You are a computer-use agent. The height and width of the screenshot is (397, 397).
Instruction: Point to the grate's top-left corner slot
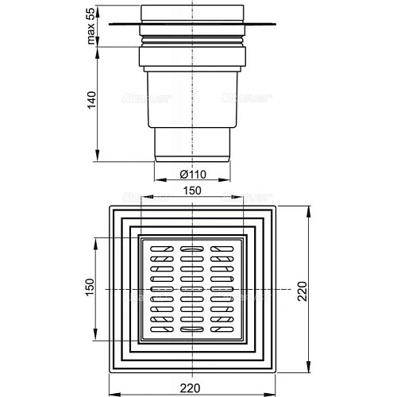pos(159,249)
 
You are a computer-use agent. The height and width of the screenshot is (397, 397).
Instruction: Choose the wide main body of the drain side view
pos(191,99)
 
